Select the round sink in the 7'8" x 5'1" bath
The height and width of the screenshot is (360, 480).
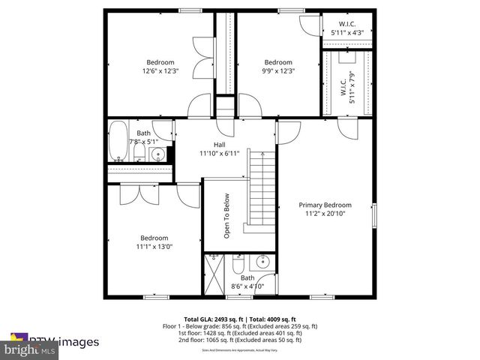coord(157,155)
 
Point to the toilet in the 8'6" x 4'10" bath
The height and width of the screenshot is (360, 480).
coord(238,265)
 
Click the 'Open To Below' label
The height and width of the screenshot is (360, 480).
coord(226,216)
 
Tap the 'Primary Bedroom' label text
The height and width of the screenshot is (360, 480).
coord(325,205)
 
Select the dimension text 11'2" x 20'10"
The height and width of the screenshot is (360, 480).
coord(325,214)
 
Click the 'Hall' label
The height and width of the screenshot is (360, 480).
coord(219,145)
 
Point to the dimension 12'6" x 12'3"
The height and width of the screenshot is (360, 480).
coord(160,71)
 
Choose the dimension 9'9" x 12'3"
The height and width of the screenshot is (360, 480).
coord(277,71)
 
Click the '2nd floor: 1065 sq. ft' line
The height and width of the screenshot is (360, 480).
coord(240,340)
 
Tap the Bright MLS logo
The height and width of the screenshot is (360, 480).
coord(30,349)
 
